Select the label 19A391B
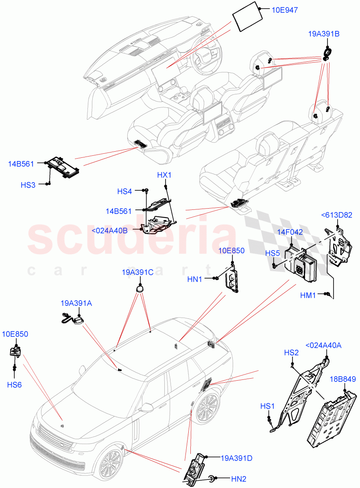pos(323,34)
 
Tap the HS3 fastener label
pos(28,185)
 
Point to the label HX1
pos(164,175)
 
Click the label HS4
pos(124,191)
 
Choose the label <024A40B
pos(109,231)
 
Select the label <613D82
pos(336,215)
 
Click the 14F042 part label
pos(290,232)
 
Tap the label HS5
pos(273,253)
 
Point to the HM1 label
pos(308,295)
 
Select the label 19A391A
pos(76,303)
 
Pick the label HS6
pos(14,384)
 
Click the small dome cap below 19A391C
pos(140,288)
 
